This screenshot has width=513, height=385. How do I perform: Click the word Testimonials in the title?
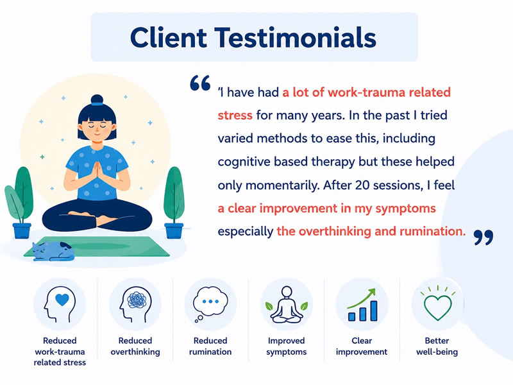pos(295,38)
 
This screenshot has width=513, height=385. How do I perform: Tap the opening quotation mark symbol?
pos(200,83)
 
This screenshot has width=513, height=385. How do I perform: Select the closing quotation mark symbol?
pos(484,237)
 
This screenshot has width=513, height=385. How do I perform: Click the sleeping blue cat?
pos(53,251)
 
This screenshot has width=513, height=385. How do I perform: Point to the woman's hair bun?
pos(97,100)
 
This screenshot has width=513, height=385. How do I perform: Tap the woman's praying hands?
pos(97,171)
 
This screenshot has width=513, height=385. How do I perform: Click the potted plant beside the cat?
pos(19,202)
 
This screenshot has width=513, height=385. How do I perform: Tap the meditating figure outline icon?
pos(286,305)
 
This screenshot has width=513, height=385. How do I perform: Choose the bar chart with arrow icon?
pos(362,305)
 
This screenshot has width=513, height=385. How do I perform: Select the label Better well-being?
pos(437,346)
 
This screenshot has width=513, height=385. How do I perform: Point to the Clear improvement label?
pos(362,346)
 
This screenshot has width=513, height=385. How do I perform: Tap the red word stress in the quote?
pos(235,116)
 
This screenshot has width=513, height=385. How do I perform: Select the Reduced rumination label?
pos(210,346)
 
